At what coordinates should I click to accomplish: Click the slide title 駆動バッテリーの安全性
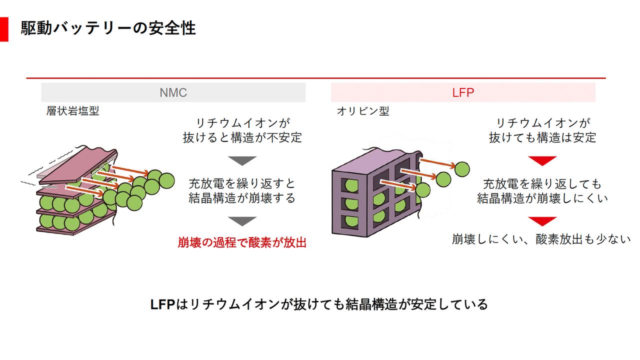pyautogui.click(x=108, y=28)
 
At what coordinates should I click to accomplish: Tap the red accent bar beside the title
pyautogui.click(x=4, y=29)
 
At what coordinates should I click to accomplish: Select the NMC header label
pyautogui.click(x=173, y=92)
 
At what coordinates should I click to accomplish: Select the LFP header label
pyautogui.click(x=463, y=92)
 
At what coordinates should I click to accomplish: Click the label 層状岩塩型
pyautogui.click(x=73, y=111)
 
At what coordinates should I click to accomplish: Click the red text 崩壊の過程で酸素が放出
pyautogui.click(x=242, y=243)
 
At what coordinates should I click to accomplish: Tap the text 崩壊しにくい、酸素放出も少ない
pyautogui.click(x=541, y=239)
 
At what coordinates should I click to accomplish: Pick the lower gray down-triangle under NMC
pyautogui.click(x=242, y=221)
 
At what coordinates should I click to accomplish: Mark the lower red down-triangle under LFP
pyautogui.click(x=542, y=221)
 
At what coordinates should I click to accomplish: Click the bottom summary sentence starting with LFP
pyautogui.click(x=319, y=304)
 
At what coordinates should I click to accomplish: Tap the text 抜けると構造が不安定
pyautogui.click(x=242, y=137)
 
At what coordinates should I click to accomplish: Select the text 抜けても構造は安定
pyautogui.click(x=542, y=137)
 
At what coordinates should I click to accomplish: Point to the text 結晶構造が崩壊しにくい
pyautogui.click(x=542, y=198)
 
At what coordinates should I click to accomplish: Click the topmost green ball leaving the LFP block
pyautogui.click(x=461, y=168)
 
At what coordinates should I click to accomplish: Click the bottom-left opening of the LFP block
pyautogui.click(x=350, y=221)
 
